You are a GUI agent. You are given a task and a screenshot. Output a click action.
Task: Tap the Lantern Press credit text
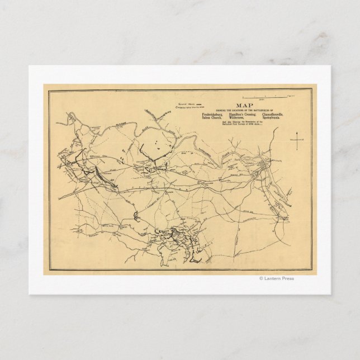pyautogui.click(x=279, y=278)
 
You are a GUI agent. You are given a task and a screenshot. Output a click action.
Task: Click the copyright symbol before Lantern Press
pyautogui.click(x=260, y=278)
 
